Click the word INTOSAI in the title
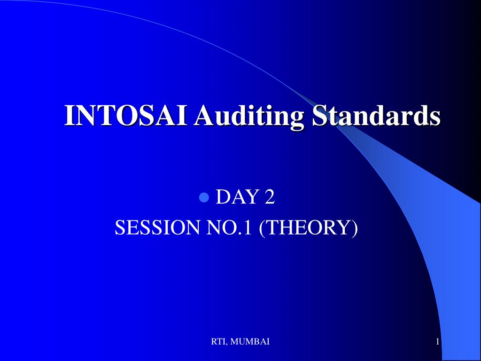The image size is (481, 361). coord(126,115)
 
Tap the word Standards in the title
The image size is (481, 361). coord(376,115)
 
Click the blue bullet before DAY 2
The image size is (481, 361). coord(204,197)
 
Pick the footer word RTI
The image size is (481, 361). coord(218,342)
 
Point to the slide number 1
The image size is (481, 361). coord(438,341)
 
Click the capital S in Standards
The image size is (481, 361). coord(319,116)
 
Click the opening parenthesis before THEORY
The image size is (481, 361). coord(262,228)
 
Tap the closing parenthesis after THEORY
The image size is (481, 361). coord(355,228)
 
